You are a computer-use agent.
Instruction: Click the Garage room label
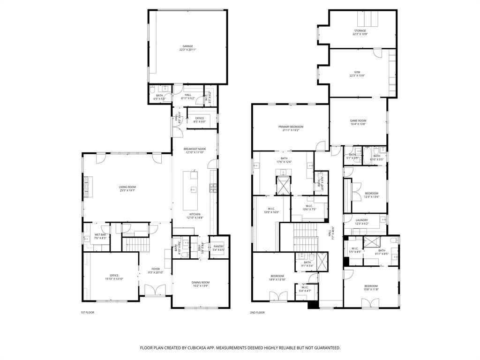click(x=187, y=46)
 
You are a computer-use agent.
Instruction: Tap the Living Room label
click(x=127, y=187)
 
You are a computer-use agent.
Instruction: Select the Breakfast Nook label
click(x=195, y=149)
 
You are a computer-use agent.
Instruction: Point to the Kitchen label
click(x=195, y=214)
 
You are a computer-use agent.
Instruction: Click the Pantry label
click(x=218, y=246)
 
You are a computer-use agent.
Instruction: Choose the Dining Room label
click(x=201, y=282)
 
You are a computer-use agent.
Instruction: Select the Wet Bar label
click(x=100, y=234)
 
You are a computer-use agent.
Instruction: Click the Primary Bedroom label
click(x=291, y=127)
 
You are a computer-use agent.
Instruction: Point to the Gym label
click(x=357, y=72)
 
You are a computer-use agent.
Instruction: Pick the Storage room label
click(x=360, y=31)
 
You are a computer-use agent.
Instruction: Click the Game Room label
click(x=358, y=121)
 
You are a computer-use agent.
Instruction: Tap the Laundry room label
click(x=361, y=220)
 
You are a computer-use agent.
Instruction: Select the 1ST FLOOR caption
click(x=87, y=312)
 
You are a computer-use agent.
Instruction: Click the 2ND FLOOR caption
click(x=258, y=312)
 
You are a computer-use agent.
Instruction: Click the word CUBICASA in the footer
click(x=203, y=348)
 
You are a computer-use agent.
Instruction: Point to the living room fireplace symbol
click(x=86, y=186)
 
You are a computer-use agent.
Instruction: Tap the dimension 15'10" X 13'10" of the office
click(x=114, y=279)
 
